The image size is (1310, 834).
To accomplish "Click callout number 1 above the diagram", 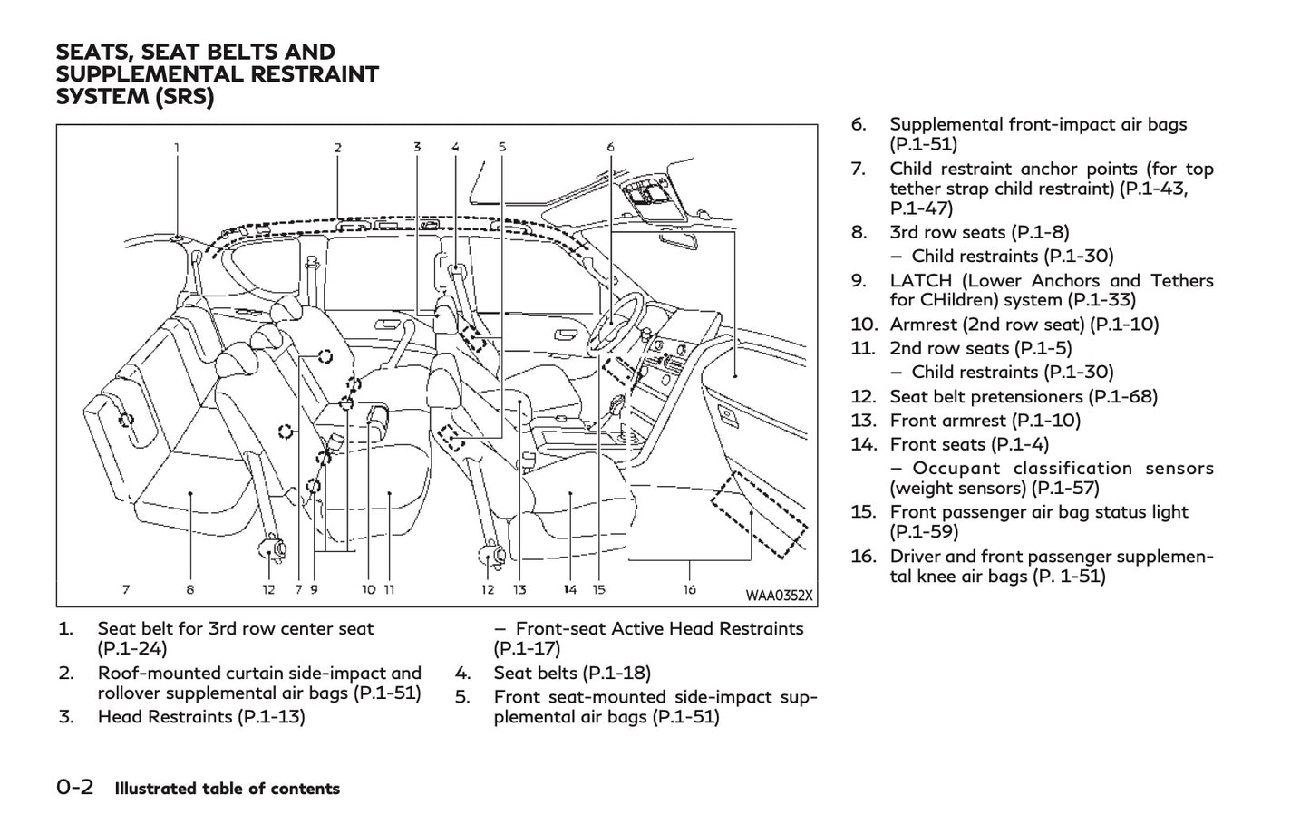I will coord(177,147).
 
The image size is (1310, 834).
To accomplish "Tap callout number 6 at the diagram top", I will coord(610,147).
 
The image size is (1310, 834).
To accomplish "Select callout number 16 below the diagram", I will coord(690,589).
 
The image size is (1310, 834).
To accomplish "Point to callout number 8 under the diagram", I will coord(190,589).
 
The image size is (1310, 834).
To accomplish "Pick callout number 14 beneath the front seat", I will coord(569,589).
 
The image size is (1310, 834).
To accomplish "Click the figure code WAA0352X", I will coord(779,596).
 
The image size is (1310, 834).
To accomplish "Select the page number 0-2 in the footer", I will coord(75,788).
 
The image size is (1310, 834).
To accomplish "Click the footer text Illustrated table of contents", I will coord(227,789).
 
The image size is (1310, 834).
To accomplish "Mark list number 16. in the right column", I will coord(863,556).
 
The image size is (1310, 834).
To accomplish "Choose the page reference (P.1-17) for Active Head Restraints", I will coord(527,648).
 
